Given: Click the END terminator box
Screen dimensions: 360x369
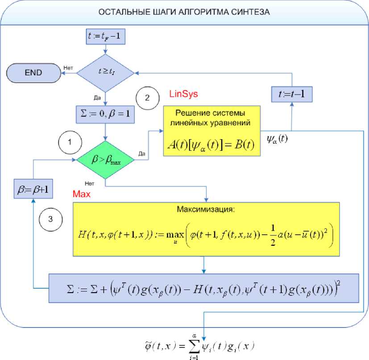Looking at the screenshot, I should (33, 72).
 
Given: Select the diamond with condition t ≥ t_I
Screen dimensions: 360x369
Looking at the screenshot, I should (105, 72).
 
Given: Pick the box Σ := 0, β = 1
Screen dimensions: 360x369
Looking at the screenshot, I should (105, 114).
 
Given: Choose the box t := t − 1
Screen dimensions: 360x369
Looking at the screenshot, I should (291, 95).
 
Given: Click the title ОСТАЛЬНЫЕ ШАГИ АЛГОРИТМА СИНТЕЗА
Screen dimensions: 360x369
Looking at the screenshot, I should (184, 12).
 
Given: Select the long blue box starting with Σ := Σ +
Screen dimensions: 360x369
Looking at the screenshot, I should (203, 287).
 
